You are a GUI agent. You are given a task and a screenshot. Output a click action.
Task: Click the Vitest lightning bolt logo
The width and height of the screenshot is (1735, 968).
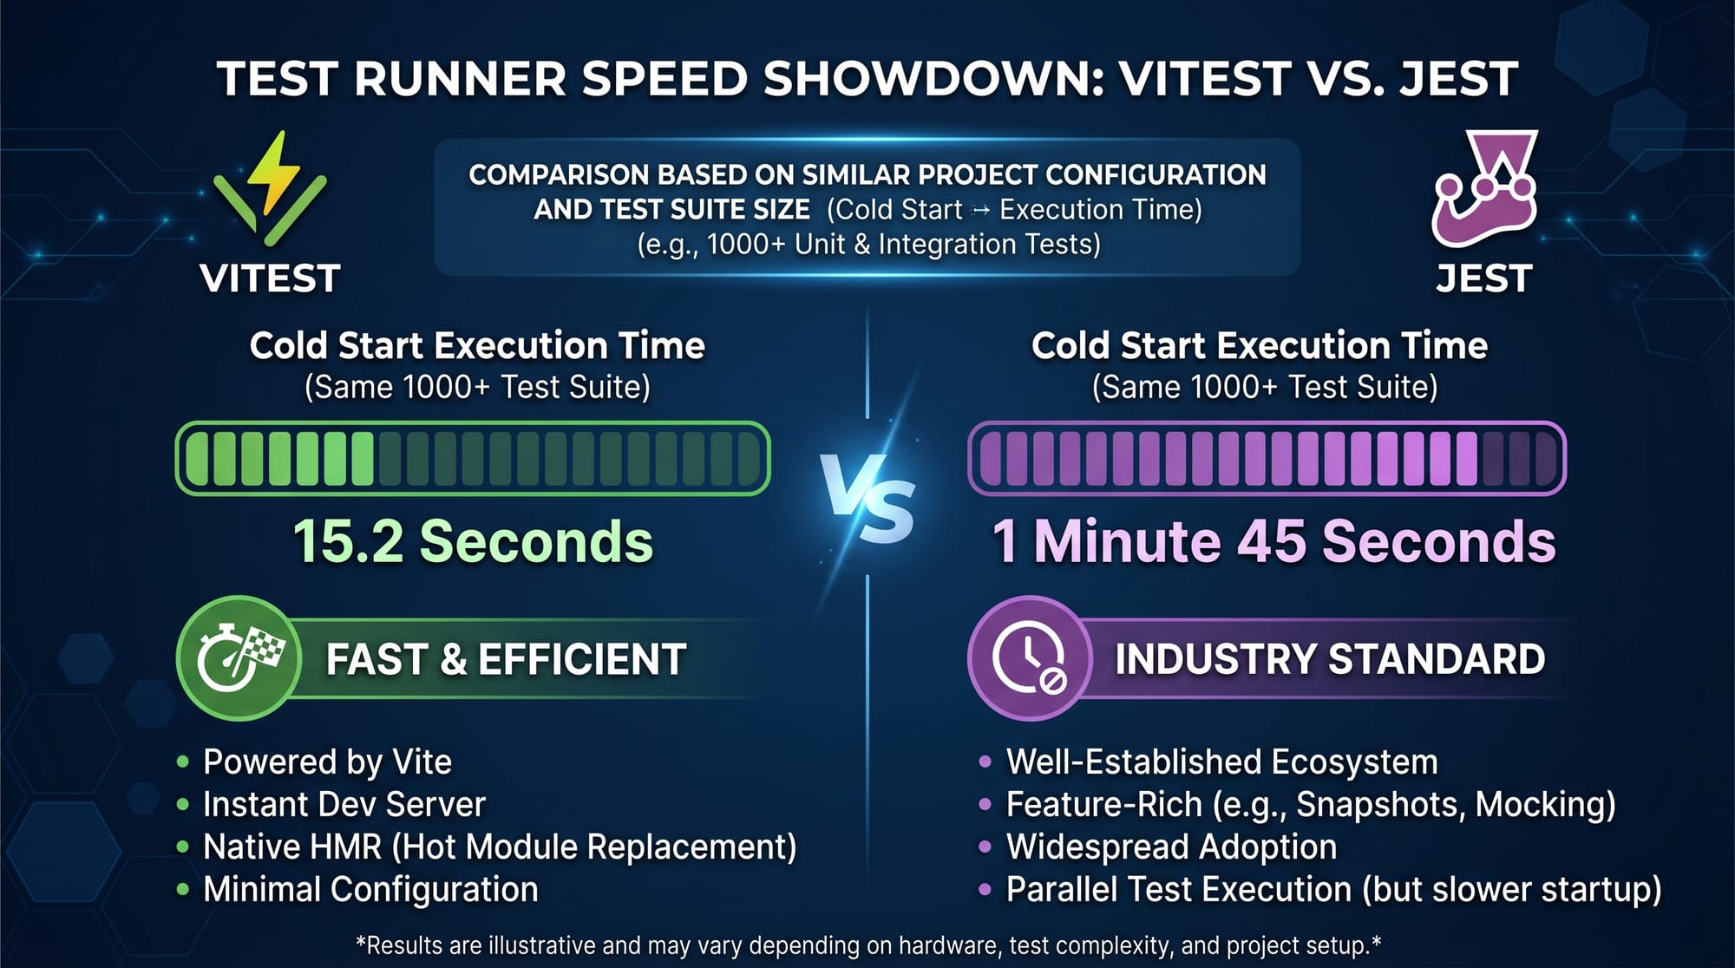[x=270, y=186]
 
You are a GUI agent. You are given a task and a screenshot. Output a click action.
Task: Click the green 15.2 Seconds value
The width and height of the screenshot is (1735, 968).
[x=473, y=542]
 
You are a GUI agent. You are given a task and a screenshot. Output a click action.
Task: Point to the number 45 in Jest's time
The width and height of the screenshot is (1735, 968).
[x=1272, y=542]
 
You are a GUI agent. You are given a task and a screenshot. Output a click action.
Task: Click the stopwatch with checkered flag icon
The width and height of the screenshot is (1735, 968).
[x=239, y=658]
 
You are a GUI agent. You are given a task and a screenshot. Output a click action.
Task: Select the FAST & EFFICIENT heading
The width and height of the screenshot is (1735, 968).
[x=506, y=659]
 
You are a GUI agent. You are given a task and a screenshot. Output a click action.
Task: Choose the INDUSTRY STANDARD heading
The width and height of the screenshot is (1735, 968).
[x=1330, y=659]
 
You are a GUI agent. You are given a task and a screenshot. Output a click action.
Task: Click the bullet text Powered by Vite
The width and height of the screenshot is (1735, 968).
[x=327, y=762]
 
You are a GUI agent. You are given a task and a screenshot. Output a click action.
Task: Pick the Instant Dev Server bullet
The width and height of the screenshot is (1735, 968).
[x=344, y=805]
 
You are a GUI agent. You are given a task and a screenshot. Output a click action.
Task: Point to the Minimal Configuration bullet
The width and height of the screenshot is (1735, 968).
[x=370, y=890]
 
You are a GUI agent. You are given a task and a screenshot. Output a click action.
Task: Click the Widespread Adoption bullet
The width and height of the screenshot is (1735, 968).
[x=1171, y=847]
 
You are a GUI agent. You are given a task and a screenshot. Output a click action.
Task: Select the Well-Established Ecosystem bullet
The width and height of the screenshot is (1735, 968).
[x=1221, y=762]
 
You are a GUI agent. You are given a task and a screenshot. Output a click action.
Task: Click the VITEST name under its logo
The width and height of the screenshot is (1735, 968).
[x=270, y=279]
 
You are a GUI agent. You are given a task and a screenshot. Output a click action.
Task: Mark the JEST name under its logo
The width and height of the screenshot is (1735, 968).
[x=1484, y=279]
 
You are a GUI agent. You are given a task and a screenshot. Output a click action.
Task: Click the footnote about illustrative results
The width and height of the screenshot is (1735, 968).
[x=867, y=945]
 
